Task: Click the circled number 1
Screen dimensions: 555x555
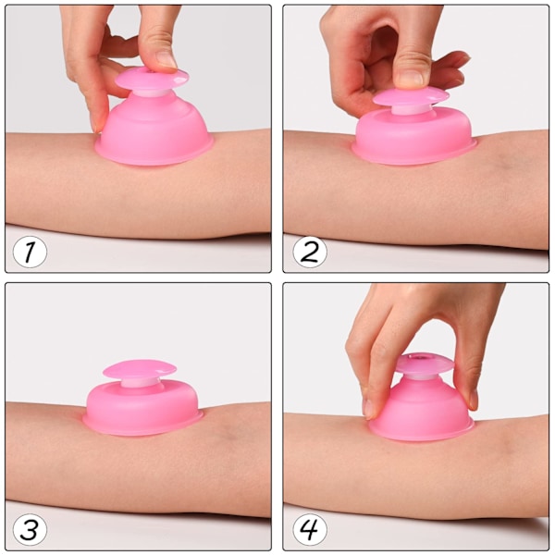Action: pos(30,252)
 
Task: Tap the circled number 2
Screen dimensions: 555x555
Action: pos(310,252)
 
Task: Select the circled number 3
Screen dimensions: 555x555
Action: pos(30,529)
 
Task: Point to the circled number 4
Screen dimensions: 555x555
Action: pos(310,529)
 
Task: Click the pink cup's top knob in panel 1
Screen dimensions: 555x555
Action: pos(152,79)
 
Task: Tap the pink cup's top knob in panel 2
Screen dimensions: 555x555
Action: pos(411,97)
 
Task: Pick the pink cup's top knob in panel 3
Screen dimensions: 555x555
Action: pos(140,370)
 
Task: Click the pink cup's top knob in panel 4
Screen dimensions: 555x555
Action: pos(424,364)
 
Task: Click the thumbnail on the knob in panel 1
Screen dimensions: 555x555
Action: pos(166,59)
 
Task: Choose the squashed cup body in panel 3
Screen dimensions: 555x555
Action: pos(142,407)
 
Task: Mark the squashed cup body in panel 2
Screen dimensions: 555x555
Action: pos(414,136)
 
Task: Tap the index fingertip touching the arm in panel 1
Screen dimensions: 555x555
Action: pos(95,126)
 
